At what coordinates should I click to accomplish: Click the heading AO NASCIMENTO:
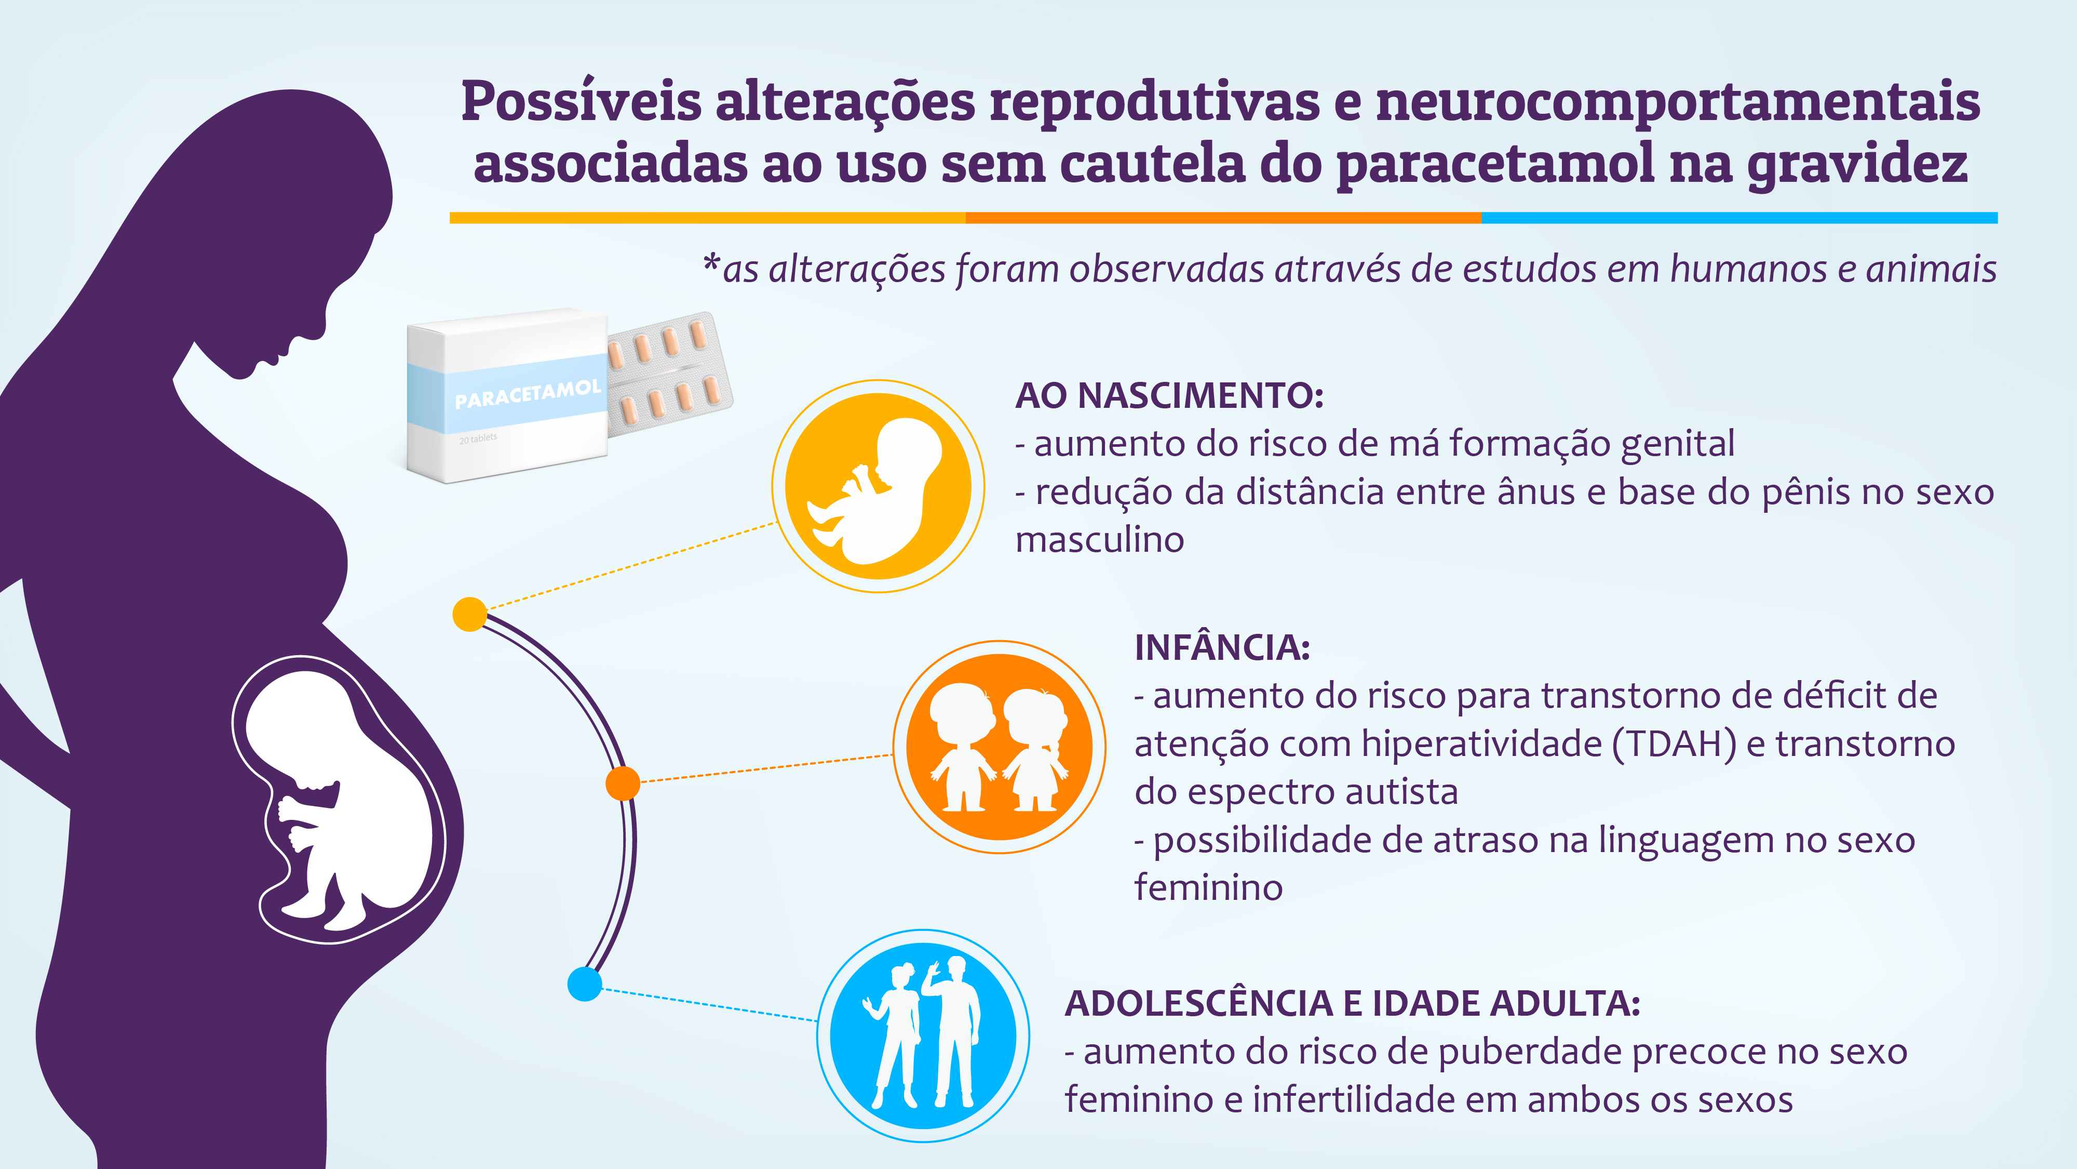pos(1169,395)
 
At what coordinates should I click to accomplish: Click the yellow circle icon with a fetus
pos(878,486)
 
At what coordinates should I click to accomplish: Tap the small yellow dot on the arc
pos(470,615)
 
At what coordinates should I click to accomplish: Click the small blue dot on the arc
pos(585,984)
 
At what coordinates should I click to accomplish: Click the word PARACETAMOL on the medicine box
pos(528,394)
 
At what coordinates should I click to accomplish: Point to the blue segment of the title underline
pos(1739,218)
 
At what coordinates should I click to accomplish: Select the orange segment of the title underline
pos(1223,218)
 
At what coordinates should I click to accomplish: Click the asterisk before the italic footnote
pos(711,263)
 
